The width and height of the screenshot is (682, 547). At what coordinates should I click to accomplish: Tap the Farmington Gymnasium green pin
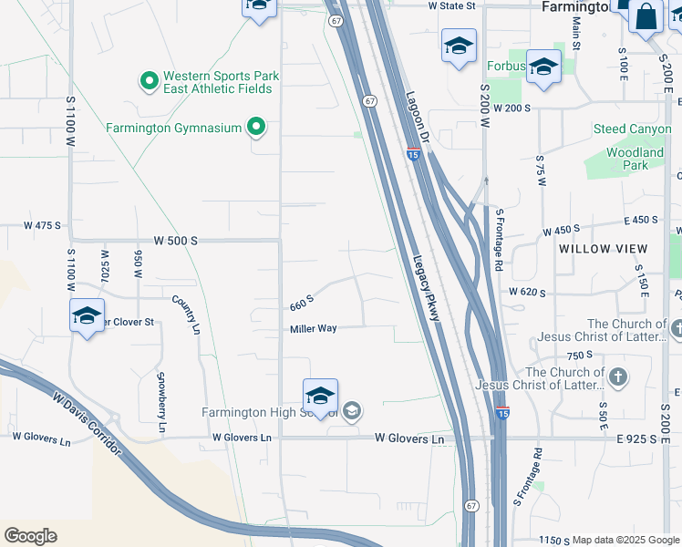[x=257, y=127]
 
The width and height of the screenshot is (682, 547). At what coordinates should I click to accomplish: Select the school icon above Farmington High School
[x=320, y=396]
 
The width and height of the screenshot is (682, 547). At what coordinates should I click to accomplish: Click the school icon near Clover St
[x=87, y=316]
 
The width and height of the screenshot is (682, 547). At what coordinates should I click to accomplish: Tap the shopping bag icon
[x=646, y=16]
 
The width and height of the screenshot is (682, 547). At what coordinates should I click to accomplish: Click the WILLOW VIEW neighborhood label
[x=603, y=249]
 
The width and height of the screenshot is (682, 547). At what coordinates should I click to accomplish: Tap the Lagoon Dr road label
[x=417, y=119]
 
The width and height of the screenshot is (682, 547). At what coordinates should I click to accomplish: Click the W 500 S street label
[x=176, y=241]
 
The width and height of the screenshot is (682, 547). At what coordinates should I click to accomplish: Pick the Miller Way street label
[x=315, y=329]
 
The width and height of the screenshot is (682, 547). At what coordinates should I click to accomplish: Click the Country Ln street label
[x=186, y=314]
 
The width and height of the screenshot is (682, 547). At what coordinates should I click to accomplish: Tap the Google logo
[x=30, y=536]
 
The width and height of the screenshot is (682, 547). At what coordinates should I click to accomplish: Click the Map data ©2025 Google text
[x=625, y=540]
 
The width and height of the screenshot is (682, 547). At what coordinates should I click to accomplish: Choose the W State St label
[x=452, y=5]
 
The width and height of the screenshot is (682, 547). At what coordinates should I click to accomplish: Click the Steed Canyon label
[x=628, y=129]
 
